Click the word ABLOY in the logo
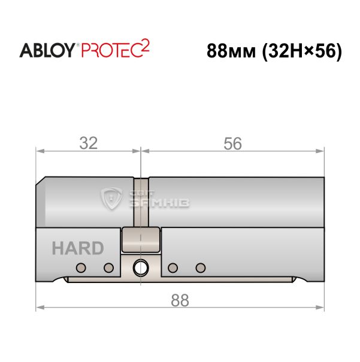(x=47, y=50)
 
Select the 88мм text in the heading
(x=231, y=51)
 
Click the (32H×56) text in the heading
(x=302, y=52)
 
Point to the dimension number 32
(x=89, y=143)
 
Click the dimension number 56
(x=232, y=144)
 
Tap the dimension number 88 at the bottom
(x=180, y=300)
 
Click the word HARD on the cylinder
(x=78, y=248)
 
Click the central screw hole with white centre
(x=141, y=267)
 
